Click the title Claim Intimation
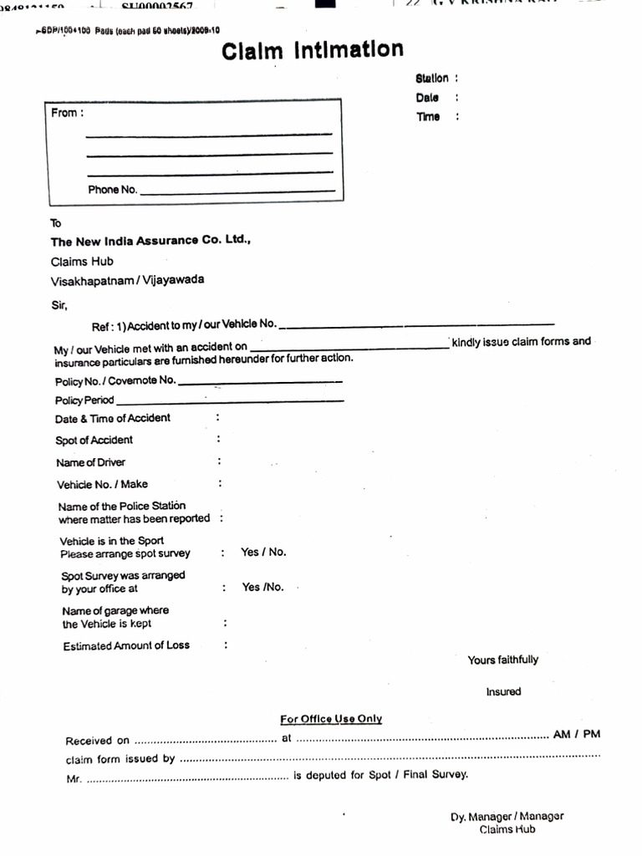click(x=312, y=51)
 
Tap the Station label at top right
click(x=432, y=79)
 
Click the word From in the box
click(x=64, y=113)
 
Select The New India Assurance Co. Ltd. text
click(x=150, y=241)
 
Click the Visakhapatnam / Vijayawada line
click(x=127, y=281)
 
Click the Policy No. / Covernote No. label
click(x=115, y=380)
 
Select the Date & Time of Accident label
click(x=113, y=418)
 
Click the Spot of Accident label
click(x=94, y=441)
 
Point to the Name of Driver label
click(x=91, y=462)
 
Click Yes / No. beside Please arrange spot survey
click(x=263, y=553)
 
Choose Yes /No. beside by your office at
click(x=263, y=588)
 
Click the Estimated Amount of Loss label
click(x=126, y=646)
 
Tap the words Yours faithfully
click(x=503, y=660)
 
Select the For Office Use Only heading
click(x=331, y=719)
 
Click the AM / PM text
click(x=577, y=735)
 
